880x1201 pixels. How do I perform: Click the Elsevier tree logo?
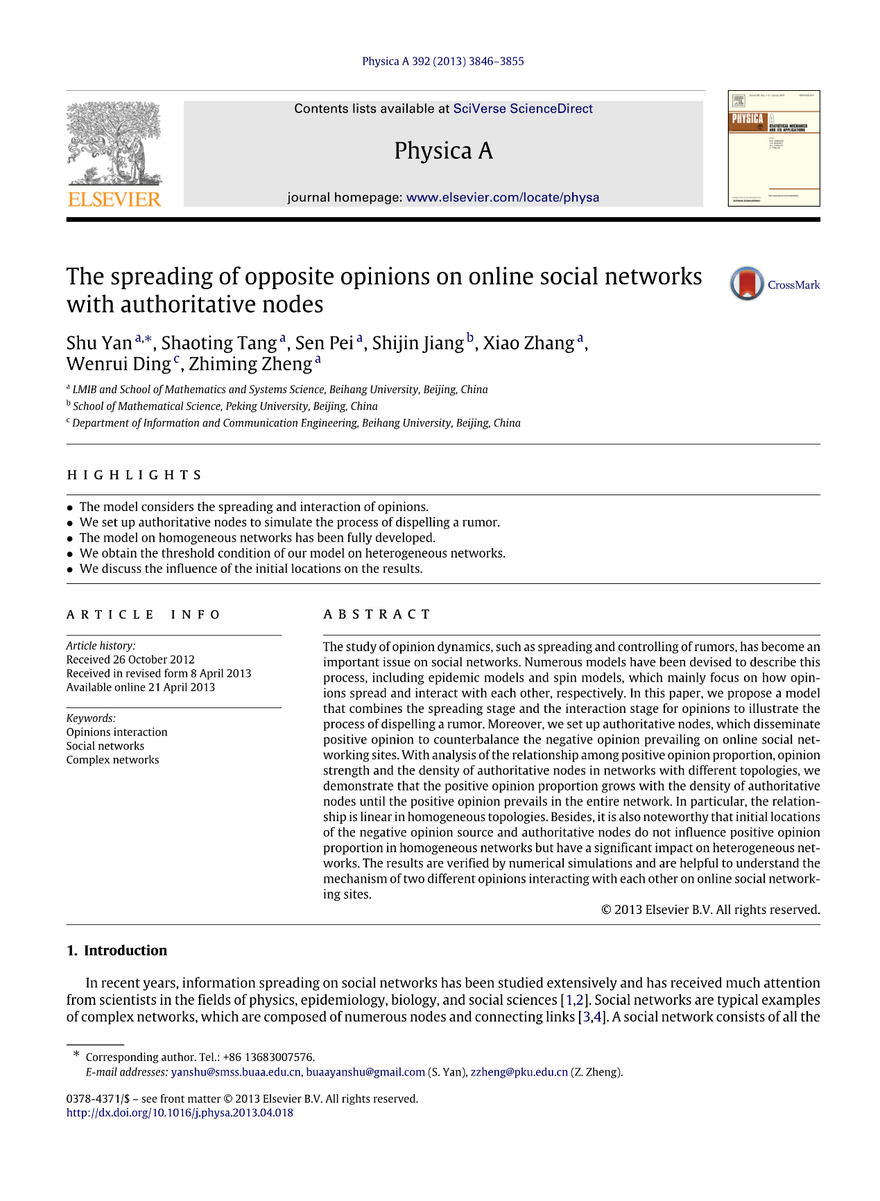pos(114,154)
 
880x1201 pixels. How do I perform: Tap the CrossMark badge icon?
pos(747,284)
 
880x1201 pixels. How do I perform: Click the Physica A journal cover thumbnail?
pos(773,148)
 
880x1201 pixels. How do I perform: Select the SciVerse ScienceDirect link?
pos(522,109)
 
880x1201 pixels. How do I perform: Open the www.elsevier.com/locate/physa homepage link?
pos(502,198)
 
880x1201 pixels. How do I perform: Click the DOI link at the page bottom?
pos(180,1113)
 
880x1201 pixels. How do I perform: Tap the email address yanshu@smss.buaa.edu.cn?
pos(236,1072)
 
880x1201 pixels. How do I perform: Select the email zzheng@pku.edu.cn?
pos(519,1072)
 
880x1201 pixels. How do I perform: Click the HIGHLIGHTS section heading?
pos(135,475)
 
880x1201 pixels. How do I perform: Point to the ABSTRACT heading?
pos(377,614)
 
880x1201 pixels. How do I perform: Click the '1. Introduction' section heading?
pos(117,951)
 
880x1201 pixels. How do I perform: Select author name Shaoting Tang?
pos(219,343)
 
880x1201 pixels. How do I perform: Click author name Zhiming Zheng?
pos(250,364)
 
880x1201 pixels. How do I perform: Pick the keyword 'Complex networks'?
pos(112,760)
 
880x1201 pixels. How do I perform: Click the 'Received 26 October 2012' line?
pos(130,659)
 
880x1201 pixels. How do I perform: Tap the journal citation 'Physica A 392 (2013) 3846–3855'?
pos(442,61)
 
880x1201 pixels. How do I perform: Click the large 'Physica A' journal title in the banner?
pos(443,150)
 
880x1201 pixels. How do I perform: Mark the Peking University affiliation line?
pos(225,406)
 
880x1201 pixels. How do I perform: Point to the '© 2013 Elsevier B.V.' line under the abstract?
pos(710,910)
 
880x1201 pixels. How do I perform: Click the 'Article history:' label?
pos(101,646)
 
